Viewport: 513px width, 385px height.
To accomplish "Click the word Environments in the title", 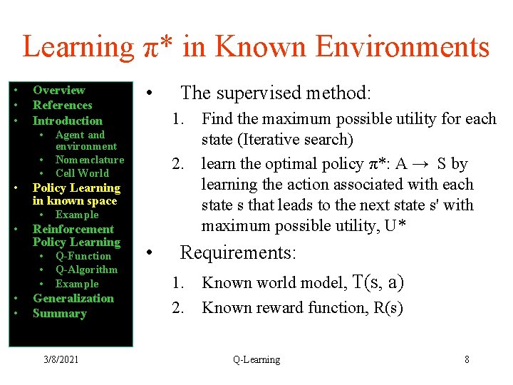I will click(x=402, y=47).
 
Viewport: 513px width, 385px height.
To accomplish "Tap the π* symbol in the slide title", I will click(x=155, y=47).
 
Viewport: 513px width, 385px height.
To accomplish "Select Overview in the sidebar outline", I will click(x=58, y=90).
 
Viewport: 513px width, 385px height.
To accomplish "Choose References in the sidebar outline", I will click(x=63, y=105).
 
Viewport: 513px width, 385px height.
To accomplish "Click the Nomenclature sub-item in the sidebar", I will click(x=89, y=160).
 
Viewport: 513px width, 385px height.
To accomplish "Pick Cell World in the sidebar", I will click(x=82, y=173).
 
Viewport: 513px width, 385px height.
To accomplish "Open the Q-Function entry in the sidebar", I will click(x=83, y=256).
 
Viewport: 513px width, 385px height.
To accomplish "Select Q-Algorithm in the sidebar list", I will click(x=86, y=269).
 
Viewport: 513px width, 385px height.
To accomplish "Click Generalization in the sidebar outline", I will click(x=73, y=298).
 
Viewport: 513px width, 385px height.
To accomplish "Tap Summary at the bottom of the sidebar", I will click(x=59, y=313).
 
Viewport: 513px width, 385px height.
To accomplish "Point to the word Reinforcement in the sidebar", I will click(x=73, y=229).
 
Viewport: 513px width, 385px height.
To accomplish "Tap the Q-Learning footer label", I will click(x=256, y=359).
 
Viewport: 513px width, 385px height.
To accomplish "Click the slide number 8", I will click(x=467, y=359).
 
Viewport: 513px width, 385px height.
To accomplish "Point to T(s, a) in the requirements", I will click(x=378, y=282).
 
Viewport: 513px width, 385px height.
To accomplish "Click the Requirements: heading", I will click(x=238, y=253).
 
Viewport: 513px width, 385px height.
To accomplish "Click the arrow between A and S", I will click(x=423, y=164).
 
